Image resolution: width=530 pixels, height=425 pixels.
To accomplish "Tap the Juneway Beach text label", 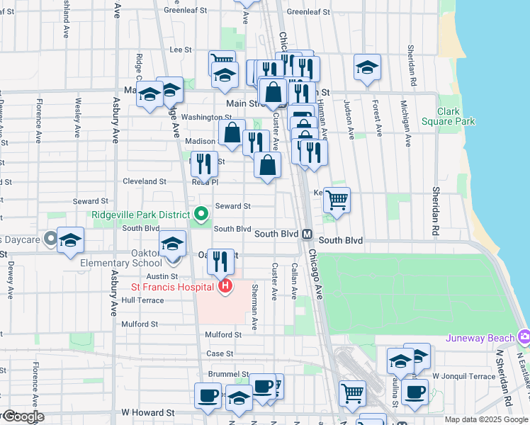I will click(x=480, y=337).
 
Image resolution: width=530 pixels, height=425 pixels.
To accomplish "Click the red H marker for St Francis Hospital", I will click(x=225, y=286).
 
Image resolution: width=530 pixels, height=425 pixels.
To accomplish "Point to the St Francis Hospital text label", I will click(x=172, y=287).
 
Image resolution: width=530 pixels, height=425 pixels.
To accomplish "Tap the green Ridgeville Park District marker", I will click(x=201, y=213).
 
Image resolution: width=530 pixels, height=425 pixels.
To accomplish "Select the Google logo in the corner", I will click(x=23, y=416).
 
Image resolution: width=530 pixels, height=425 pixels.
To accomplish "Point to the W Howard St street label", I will click(x=147, y=412).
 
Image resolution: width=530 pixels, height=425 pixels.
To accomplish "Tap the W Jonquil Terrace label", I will click(x=464, y=375).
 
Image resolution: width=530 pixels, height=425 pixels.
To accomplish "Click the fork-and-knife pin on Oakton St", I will click(x=221, y=261).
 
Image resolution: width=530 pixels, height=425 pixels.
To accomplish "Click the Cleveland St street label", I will click(x=144, y=181).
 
